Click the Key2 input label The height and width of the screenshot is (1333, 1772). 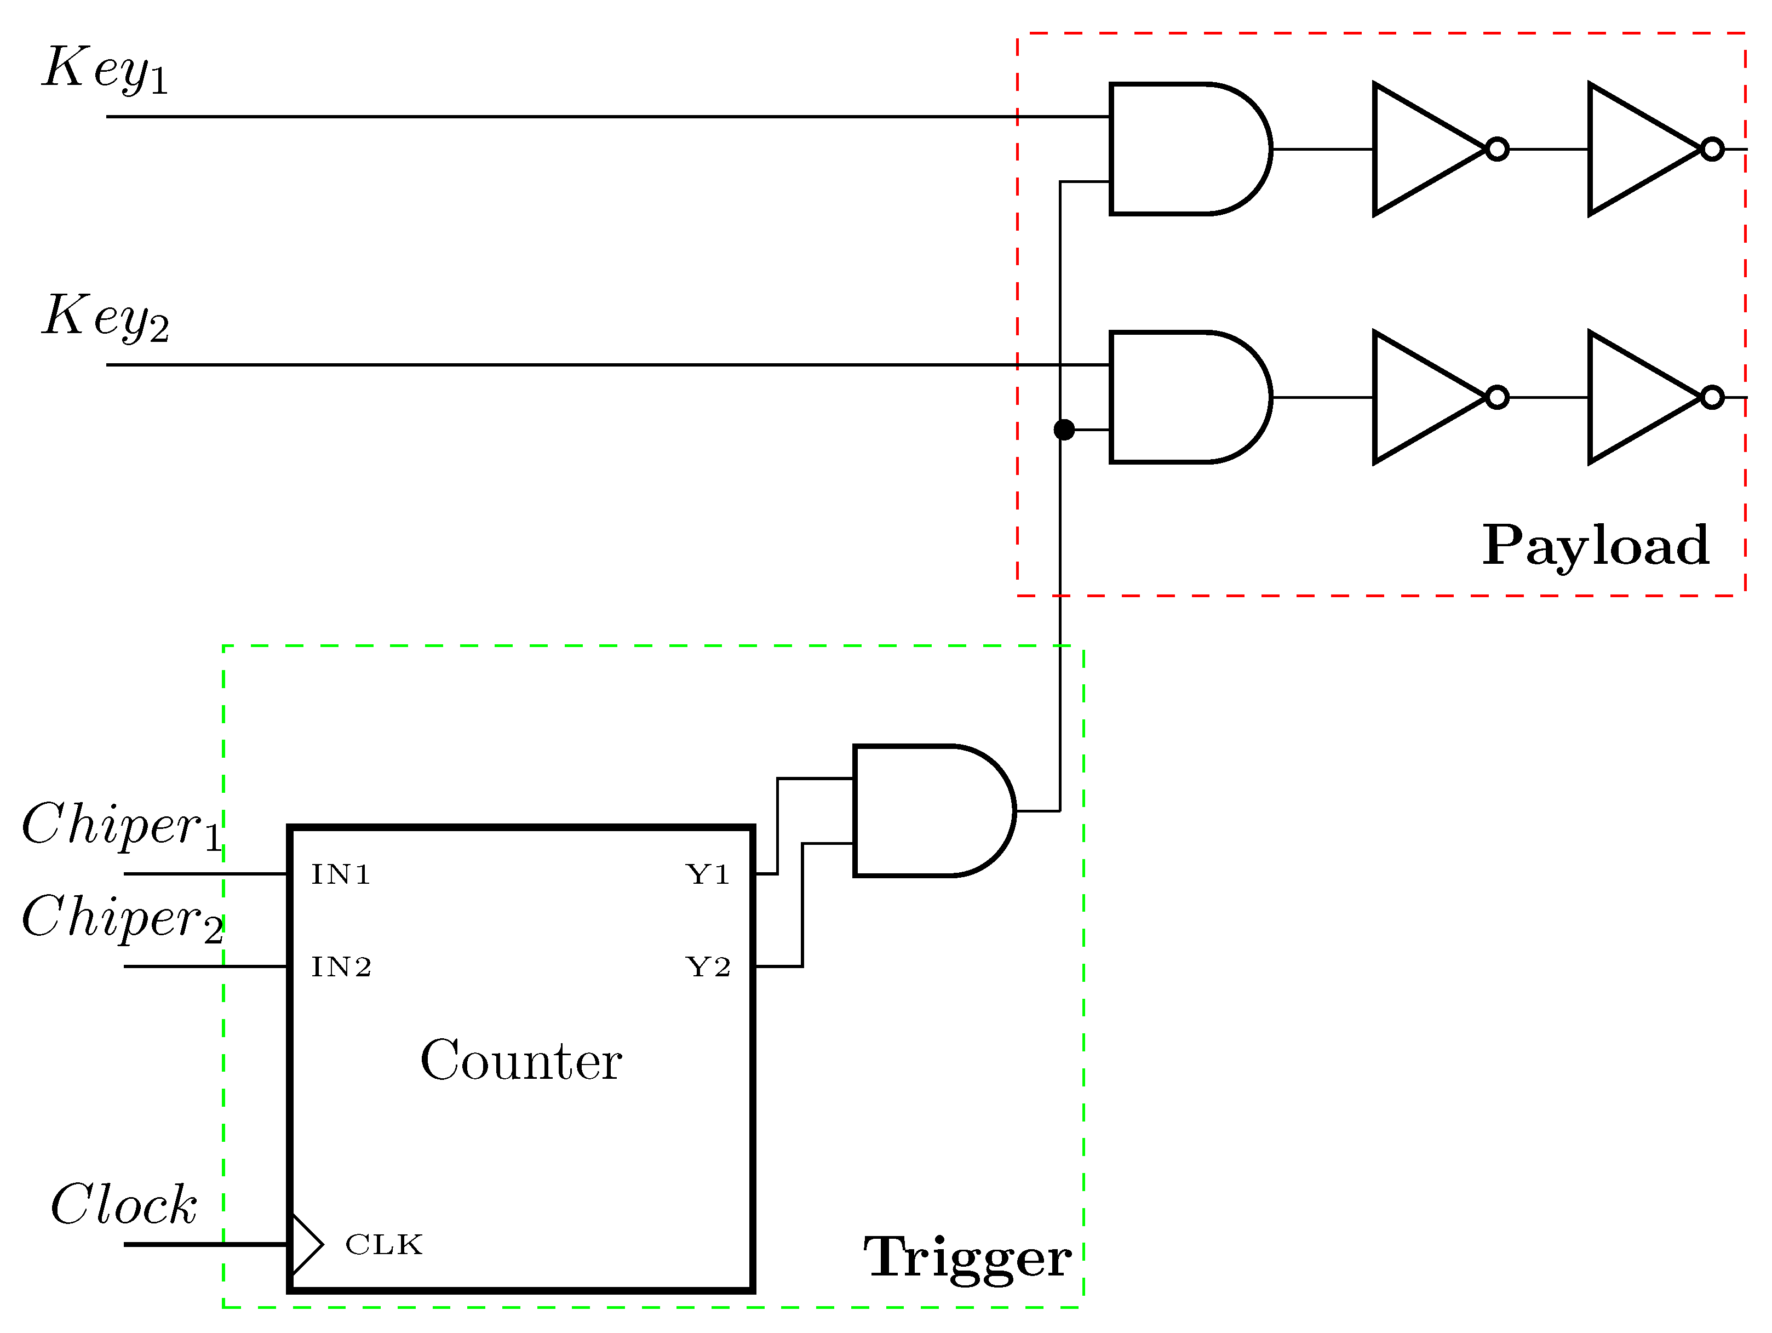click(106, 317)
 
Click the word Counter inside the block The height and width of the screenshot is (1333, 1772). click(521, 1061)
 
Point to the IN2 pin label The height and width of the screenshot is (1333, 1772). click(341, 968)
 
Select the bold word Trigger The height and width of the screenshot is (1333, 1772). click(967, 1258)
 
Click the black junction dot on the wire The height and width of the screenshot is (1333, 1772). click(1064, 430)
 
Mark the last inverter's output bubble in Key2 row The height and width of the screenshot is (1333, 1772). click(1712, 397)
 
